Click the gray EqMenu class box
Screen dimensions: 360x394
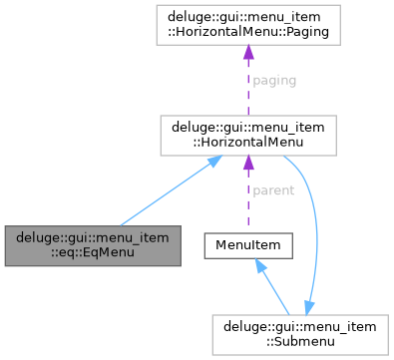[93, 245]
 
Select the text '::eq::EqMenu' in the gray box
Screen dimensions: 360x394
[93, 253]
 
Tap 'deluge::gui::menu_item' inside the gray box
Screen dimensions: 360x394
[93, 237]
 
